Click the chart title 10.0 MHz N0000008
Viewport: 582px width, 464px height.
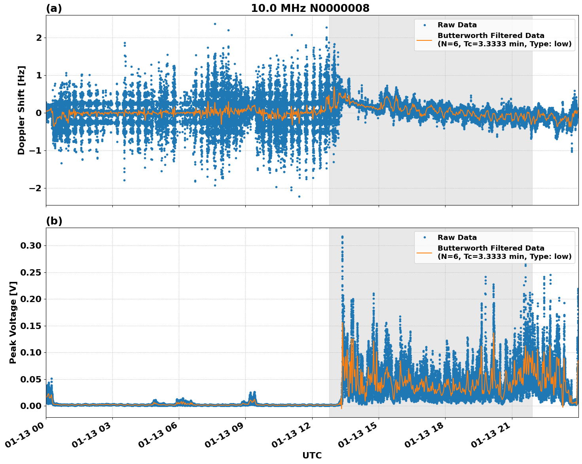pyautogui.click(x=310, y=8)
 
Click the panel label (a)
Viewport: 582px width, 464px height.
pyautogui.click(x=54, y=8)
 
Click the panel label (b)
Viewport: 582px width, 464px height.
pyautogui.click(x=54, y=221)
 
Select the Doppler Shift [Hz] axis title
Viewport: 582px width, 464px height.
pyautogui.click(x=21, y=110)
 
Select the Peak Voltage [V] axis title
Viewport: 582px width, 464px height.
pyautogui.click(x=13, y=322)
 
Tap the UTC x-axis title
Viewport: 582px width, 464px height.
pyautogui.click(x=312, y=455)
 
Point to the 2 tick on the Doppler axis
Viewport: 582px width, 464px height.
pyautogui.click(x=39, y=38)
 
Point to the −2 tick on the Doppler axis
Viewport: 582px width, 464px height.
pyautogui.click(x=35, y=188)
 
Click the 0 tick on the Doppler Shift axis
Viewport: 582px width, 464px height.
pyautogui.click(x=39, y=113)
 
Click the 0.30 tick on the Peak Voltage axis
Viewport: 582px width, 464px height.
pyautogui.click(x=30, y=245)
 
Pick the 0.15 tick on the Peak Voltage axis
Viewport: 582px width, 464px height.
pyautogui.click(x=30, y=326)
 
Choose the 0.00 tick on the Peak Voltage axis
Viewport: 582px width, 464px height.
pyautogui.click(x=30, y=406)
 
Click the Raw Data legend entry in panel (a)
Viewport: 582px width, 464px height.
pyautogui.click(x=457, y=25)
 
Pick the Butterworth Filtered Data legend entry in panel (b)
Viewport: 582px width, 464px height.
pyautogui.click(x=504, y=252)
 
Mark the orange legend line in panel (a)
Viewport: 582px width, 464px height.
pyautogui.click(x=425, y=40)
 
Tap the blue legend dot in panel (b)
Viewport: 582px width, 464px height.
pyautogui.click(x=425, y=238)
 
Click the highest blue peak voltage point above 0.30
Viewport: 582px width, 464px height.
pyautogui.click(x=342, y=237)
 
